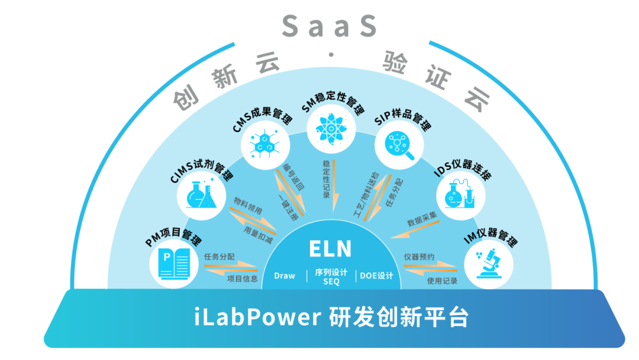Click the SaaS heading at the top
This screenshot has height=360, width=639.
tap(329, 26)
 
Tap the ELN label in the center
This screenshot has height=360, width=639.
tap(330, 249)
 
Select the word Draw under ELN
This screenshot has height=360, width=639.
tap(285, 276)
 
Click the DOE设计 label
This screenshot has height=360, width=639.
tap(376, 276)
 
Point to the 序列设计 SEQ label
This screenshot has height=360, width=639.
tap(331, 277)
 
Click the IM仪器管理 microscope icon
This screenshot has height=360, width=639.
tap(488, 263)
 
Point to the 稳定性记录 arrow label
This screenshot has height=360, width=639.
tap(327, 178)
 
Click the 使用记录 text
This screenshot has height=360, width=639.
tap(442, 281)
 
